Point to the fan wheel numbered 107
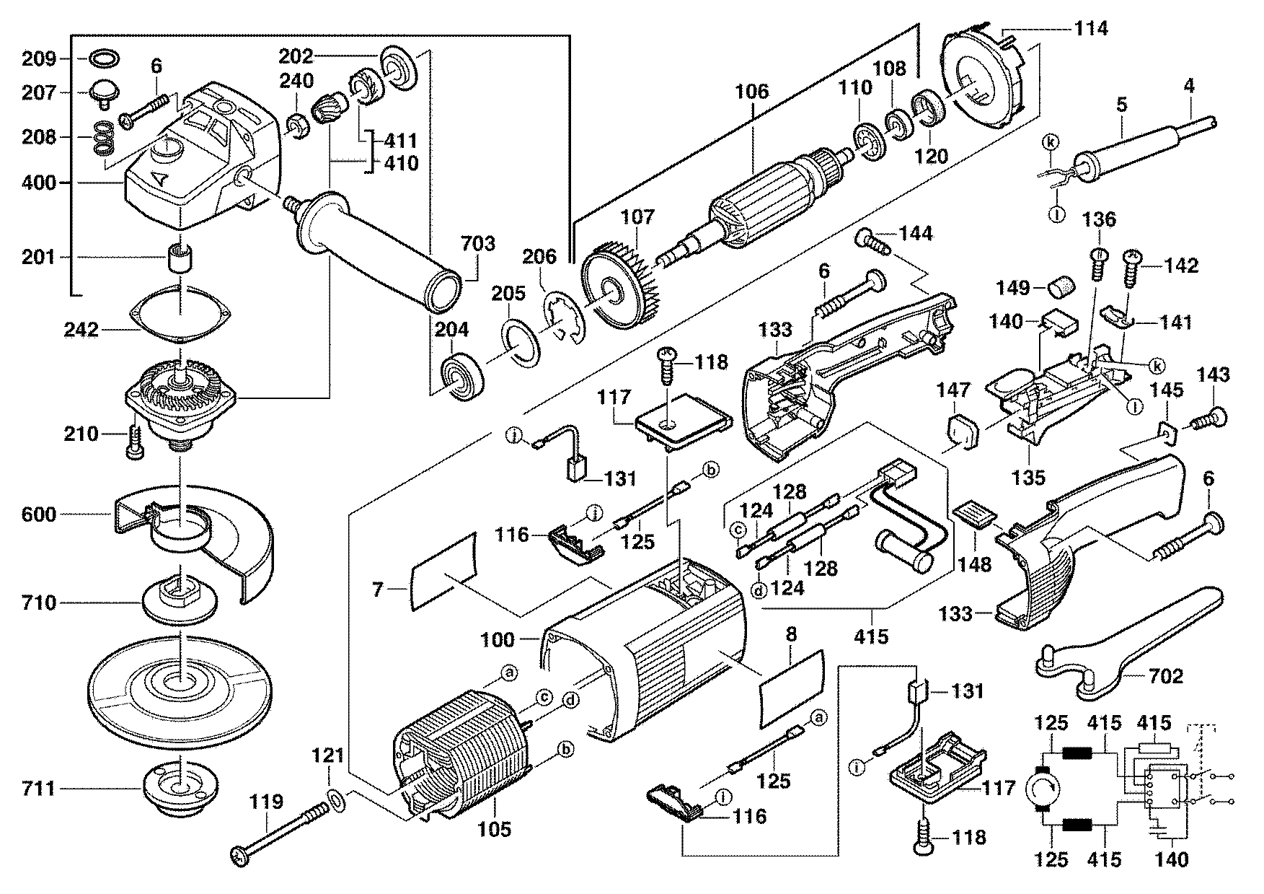pyautogui.click(x=619, y=289)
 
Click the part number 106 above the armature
pyautogui.click(x=752, y=92)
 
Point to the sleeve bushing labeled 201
pyautogui.click(x=180, y=257)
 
